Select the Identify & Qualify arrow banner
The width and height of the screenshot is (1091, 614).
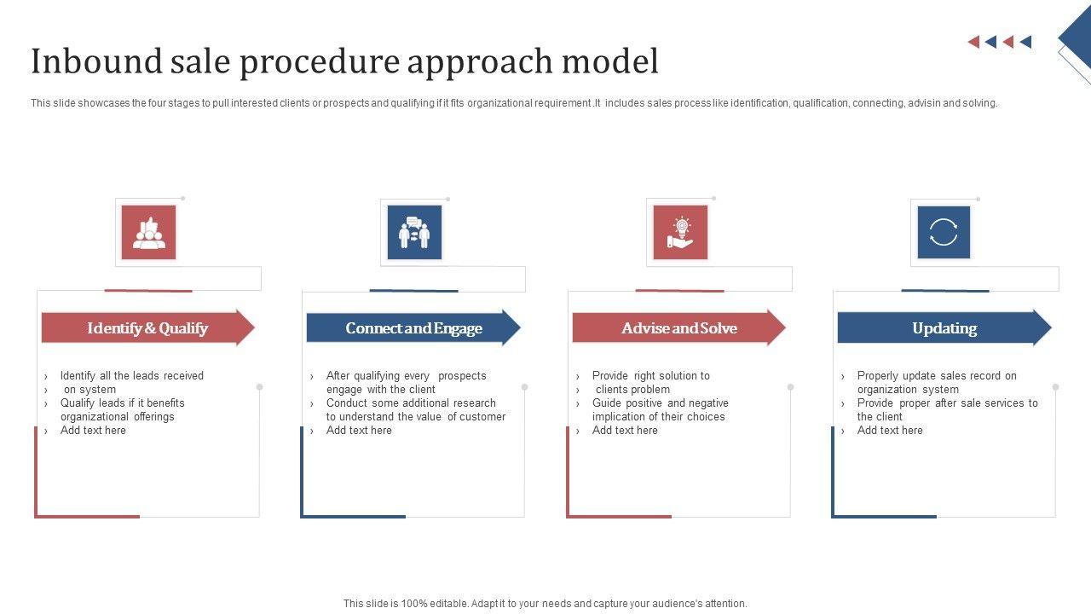pyautogui.click(x=147, y=328)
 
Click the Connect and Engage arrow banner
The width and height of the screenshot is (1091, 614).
pyautogui.click(x=413, y=328)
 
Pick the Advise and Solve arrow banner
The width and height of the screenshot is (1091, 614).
pyautogui.click(x=678, y=328)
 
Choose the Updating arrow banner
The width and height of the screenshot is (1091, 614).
pyautogui.click(x=944, y=328)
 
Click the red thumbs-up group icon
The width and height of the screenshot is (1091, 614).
pyautogui.click(x=149, y=233)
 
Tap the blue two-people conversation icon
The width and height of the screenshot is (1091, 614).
pyautogui.click(x=414, y=233)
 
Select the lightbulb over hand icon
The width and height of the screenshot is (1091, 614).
pyautogui.click(x=680, y=233)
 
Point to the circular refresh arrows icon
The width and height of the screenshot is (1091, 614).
pyautogui.click(x=944, y=233)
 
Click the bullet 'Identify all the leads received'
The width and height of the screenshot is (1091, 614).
pyautogui.click(x=132, y=376)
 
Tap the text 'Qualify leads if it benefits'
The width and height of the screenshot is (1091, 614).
pyautogui.click(x=123, y=403)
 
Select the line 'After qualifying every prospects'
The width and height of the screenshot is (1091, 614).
pyautogui.click(x=406, y=376)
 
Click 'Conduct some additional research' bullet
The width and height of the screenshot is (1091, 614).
pyautogui.click(x=411, y=403)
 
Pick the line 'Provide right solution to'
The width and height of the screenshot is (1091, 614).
pyautogui.click(x=650, y=376)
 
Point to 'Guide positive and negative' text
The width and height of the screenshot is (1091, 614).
pyautogui.click(x=661, y=403)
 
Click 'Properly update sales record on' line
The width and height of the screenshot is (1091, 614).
pyautogui.click(x=937, y=376)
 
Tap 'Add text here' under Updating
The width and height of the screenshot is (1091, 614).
pyautogui.click(x=890, y=431)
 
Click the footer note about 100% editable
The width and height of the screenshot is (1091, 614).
pyautogui.click(x=545, y=604)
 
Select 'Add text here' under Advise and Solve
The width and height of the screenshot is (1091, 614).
pyautogui.click(x=625, y=431)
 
